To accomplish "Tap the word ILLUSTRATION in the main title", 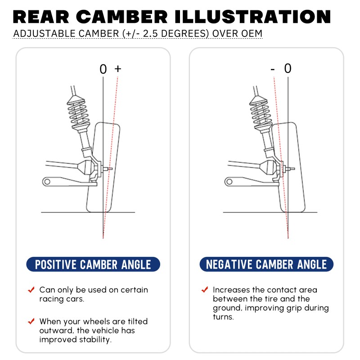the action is pyautogui.click(x=249, y=17).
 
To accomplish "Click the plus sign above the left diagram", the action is pyautogui.click(x=118, y=69).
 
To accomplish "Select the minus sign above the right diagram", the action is pyautogui.click(x=273, y=69).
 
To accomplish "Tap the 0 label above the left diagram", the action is pyautogui.click(x=103, y=69).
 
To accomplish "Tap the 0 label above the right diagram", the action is pyautogui.click(x=288, y=68).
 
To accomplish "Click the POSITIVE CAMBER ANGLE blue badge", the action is pyautogui.click(x=93, y=265).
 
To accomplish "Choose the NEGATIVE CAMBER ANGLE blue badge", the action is pyautogui.click(x=266, y=265).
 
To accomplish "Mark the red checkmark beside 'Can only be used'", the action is pyautogui.click(x=31, y=289).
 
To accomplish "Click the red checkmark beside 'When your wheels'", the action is pyautogui.click(x=31, y=321).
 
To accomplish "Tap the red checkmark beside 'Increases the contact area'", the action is pyautogui.click(x=205, y=289).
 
